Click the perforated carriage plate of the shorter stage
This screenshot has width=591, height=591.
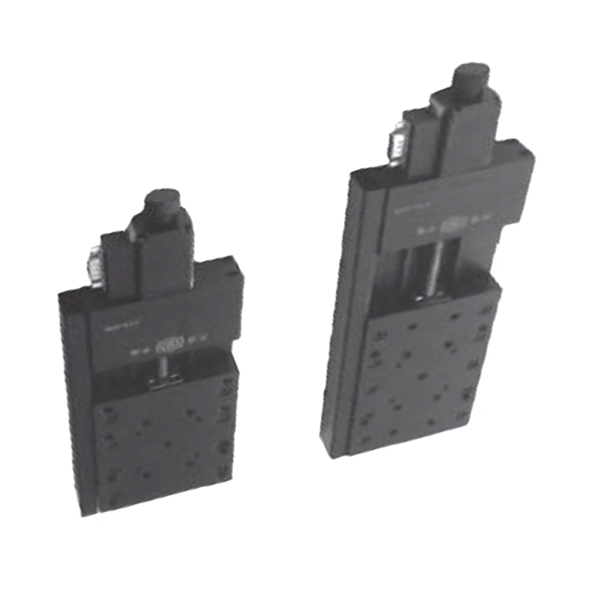point(163,449)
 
